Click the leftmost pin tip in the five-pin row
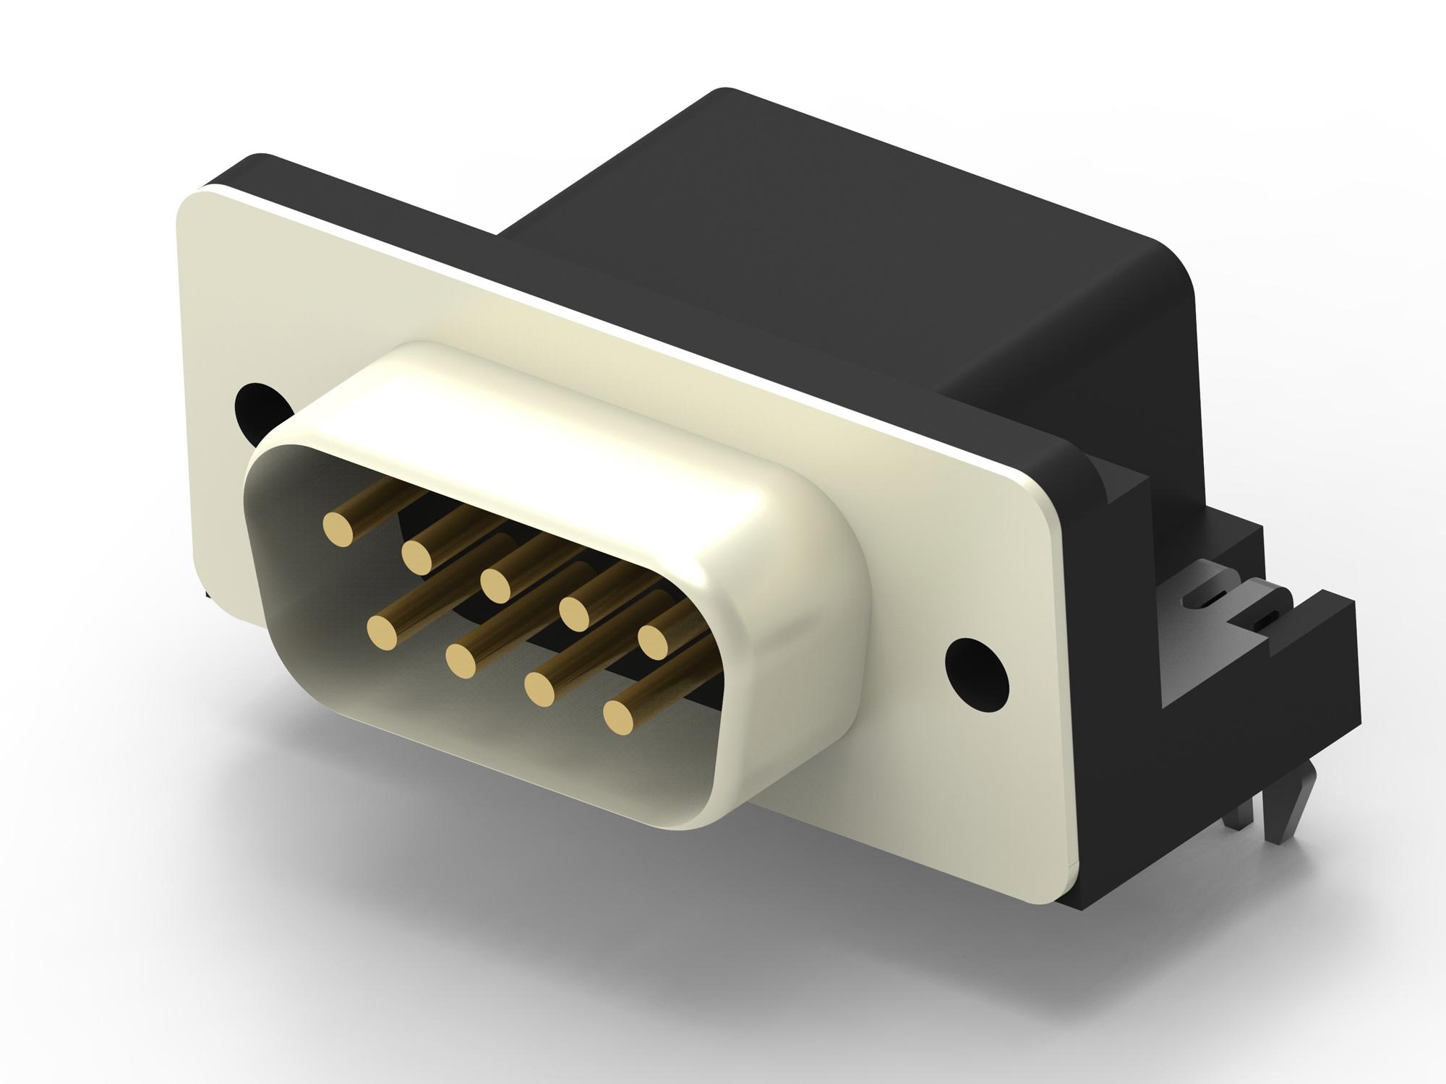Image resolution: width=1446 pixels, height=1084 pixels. tap(338, 528)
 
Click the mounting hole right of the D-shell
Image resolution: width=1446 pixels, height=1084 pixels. tap(977, 669)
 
